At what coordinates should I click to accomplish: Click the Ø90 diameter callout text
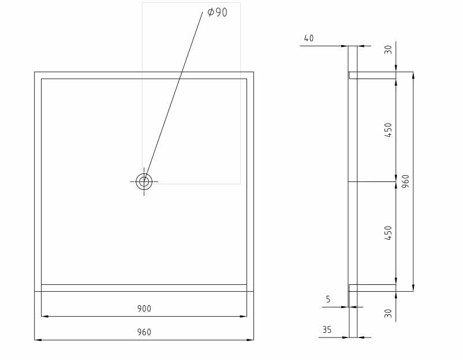217,12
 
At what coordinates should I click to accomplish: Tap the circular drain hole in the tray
144,181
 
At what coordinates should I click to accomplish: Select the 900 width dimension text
144,309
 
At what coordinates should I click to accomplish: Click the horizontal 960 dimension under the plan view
144,332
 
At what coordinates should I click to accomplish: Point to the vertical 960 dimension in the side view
405,181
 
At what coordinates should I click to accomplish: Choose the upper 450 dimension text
388,129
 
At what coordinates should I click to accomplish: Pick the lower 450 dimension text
388,233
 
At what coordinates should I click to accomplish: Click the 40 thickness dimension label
309,38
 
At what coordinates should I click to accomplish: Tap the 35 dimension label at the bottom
327,330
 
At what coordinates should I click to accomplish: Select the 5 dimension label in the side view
328,299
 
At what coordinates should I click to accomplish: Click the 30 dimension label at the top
388,50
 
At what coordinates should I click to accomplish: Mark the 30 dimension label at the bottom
388,313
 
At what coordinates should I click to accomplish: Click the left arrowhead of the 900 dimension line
44,316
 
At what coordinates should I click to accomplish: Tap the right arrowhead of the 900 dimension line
244,316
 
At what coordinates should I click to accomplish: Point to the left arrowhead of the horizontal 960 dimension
38,340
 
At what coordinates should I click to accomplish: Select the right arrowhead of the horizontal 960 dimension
251,340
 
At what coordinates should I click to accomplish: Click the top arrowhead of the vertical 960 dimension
413,75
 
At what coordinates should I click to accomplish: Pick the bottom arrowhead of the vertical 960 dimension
413,288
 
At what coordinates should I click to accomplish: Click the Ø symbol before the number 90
211,12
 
